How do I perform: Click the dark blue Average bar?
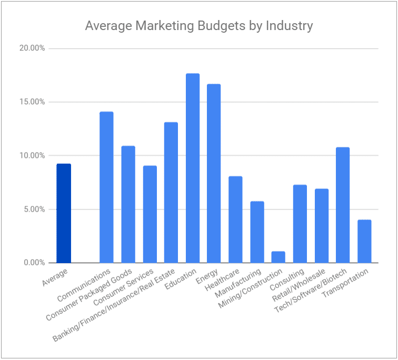(64, 213)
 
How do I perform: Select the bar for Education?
(193, 168)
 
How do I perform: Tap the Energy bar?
(214, 174)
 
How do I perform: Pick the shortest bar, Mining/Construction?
(278, 257)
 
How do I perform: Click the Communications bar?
(106, 187)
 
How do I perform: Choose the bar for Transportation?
(364, 242)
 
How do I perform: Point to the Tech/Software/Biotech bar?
(343, 205)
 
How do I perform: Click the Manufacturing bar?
(257, 232)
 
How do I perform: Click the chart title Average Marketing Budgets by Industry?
(199, 25)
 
